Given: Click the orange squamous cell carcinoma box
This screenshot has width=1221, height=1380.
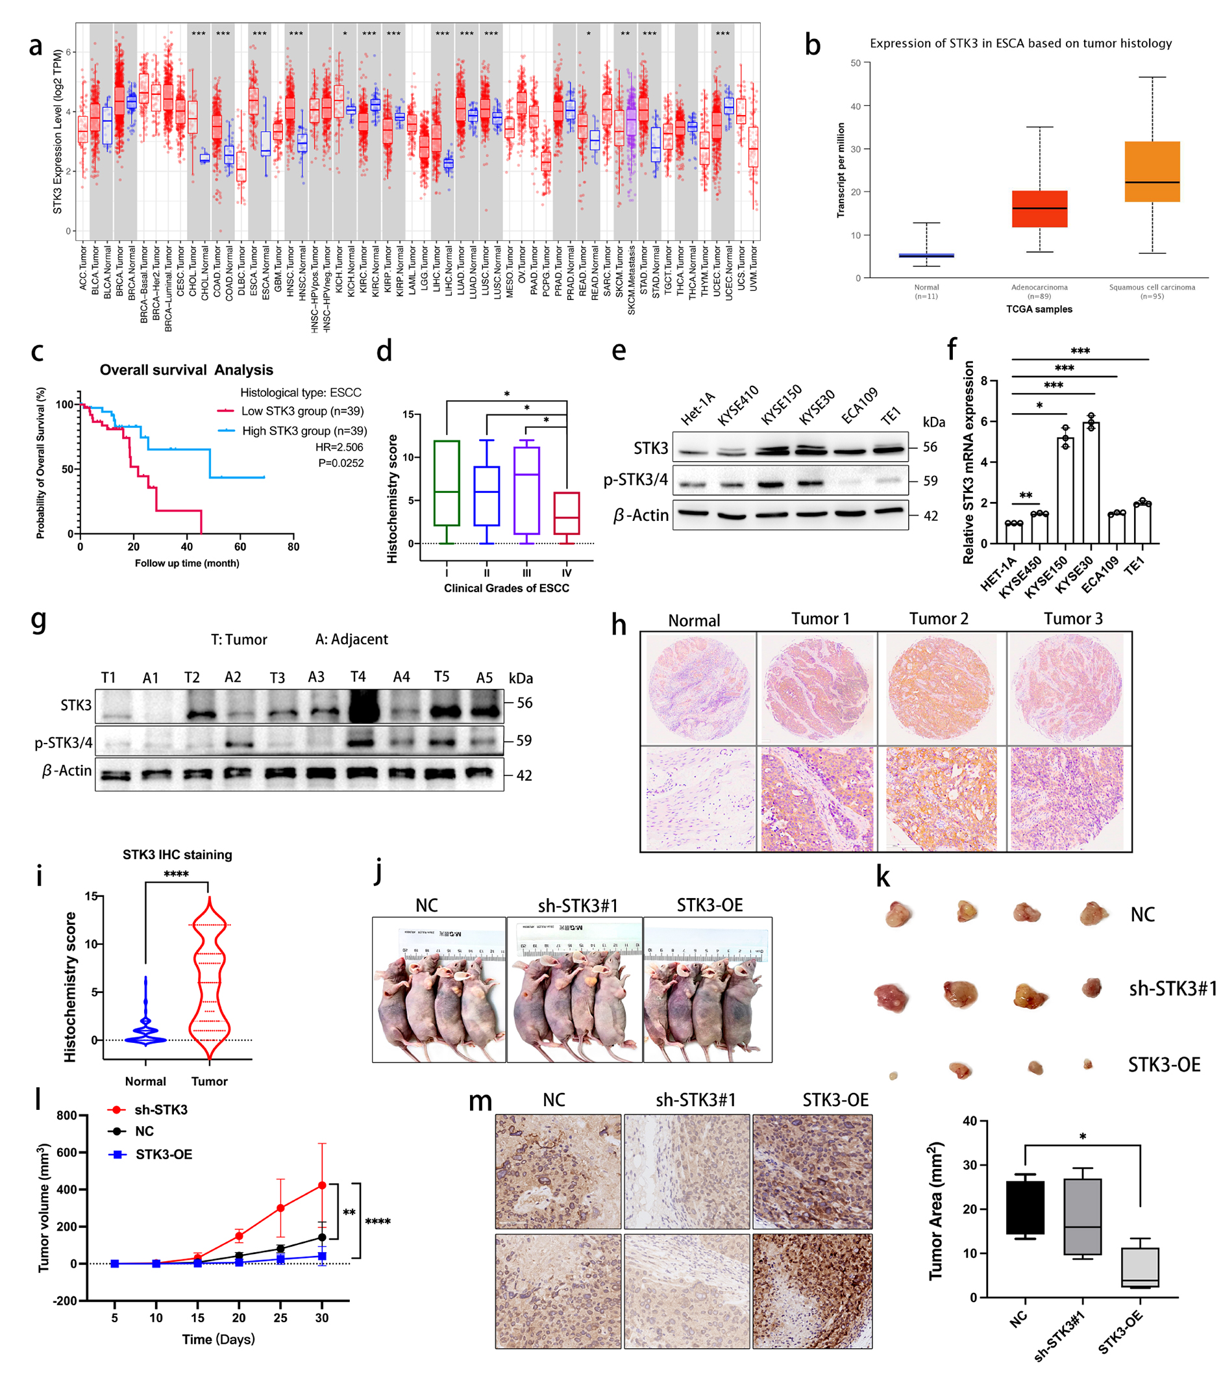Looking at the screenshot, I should [1152, 171].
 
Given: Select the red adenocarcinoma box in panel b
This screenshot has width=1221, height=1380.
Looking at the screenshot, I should [1039, 208].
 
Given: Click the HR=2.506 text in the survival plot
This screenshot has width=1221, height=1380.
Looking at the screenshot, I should [339, 447].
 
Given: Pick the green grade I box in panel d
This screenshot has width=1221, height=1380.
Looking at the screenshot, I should [446, 483].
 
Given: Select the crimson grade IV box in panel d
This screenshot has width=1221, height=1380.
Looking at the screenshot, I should [566, 514].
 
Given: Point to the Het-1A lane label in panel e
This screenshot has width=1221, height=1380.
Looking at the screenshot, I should [697, 408].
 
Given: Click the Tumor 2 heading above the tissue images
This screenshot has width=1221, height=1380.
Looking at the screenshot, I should [938, 618].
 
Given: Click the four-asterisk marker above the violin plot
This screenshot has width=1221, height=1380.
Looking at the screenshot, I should [176, 874].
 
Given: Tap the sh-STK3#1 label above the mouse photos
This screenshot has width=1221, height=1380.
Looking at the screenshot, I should [578, 905].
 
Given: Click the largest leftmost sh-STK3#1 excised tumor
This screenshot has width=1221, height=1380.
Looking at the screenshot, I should [891, 997].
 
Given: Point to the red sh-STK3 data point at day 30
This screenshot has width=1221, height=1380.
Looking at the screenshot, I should [322, 1186].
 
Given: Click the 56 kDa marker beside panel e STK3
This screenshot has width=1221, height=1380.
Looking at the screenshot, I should [930, 447].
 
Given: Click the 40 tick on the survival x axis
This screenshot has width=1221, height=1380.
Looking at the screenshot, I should [187, 546].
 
